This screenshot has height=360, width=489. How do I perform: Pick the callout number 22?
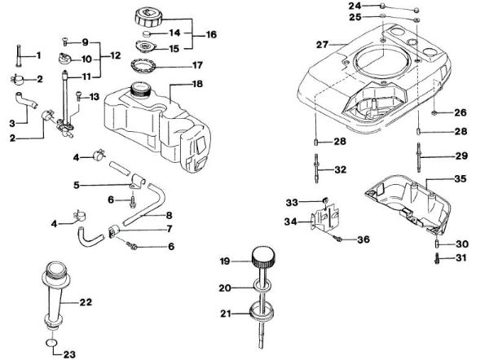click(86, 301)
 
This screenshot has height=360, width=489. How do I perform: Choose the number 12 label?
click(116, 56)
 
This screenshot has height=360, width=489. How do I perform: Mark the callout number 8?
click(170, 215)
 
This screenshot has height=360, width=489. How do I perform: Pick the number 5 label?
click(77, 185)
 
